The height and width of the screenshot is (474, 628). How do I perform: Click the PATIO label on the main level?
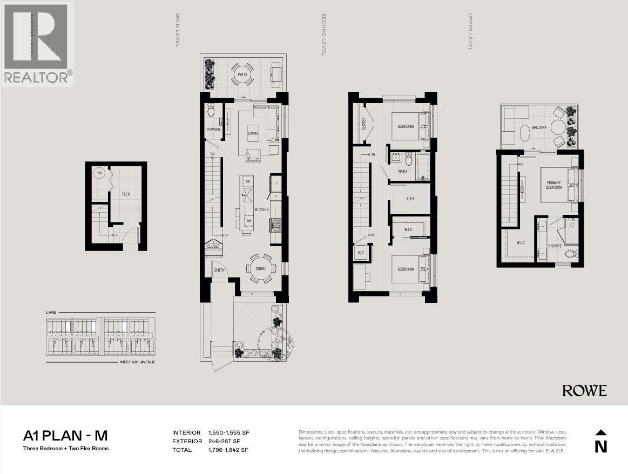tap(242, 69)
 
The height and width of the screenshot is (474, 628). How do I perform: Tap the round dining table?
tap(261, 268)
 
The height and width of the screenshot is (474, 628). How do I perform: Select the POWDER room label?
tap(213, 130)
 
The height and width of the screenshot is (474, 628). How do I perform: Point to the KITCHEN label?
tap(262, 209)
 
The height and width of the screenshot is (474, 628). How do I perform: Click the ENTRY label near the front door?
tap(219, 270)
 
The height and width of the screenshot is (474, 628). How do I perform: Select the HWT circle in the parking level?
tap(99, 173)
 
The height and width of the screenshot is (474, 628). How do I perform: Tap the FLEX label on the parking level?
tap(126, 194)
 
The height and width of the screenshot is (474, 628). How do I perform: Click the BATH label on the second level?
tap(402, 172)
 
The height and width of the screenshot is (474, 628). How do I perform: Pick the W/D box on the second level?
tap(360, 253)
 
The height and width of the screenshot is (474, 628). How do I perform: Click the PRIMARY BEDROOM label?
tap(553, 185)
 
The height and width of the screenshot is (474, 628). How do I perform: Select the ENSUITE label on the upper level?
tap(555, 246)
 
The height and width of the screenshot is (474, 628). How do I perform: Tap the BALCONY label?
tap(539, 127)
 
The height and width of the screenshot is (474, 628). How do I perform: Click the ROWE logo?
tap(584, 391)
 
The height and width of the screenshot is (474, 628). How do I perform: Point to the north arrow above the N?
tap(600, 432)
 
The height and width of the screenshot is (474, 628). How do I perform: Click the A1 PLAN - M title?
tap(69, 435)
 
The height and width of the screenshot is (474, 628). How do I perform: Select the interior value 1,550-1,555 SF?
tap(228, 432)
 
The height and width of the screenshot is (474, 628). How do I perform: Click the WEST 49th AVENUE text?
tap(137, 362)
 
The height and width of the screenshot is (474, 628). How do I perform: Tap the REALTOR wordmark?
tap(37, 77)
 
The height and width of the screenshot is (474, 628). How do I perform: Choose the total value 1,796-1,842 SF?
tap(228, 450)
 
